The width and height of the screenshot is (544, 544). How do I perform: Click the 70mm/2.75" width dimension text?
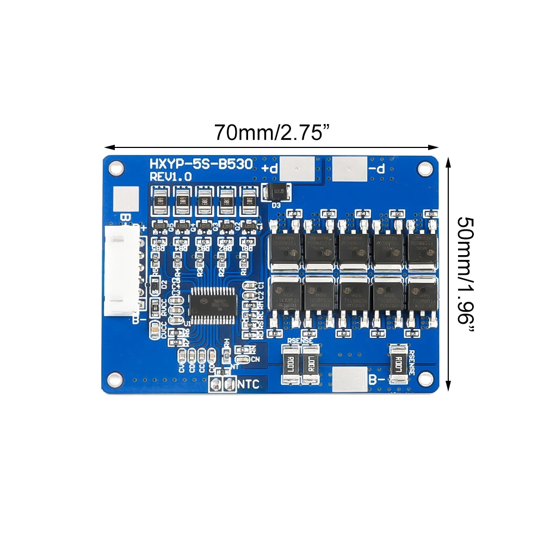point(272,133)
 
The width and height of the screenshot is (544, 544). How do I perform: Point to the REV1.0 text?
point(171,177)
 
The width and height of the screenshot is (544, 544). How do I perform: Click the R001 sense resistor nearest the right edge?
point(400,363)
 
